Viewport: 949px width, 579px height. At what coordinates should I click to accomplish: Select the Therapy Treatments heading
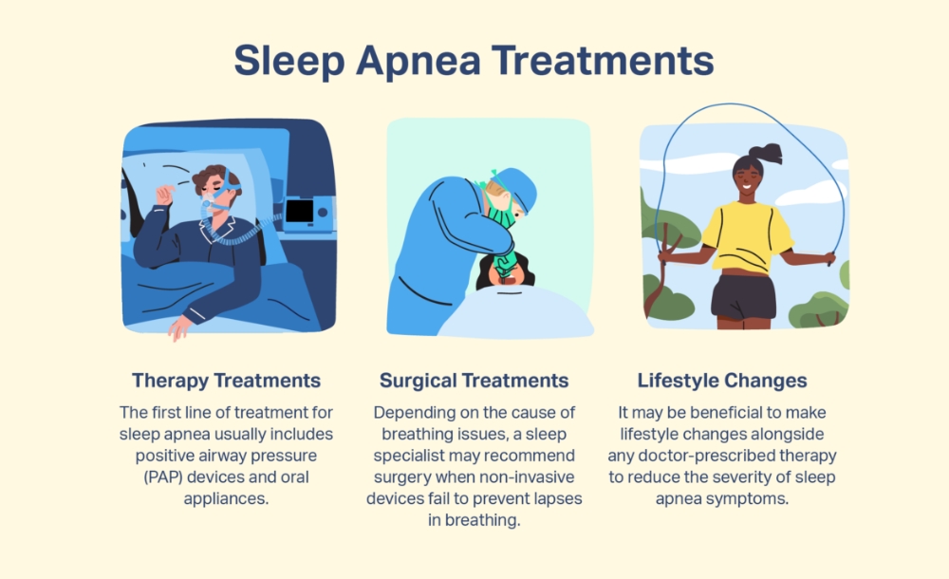tap(226, 381)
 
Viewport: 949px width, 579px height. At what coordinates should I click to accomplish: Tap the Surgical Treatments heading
tap(474, 381)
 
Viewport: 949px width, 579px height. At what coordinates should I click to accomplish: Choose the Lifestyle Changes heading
tap(722, 381)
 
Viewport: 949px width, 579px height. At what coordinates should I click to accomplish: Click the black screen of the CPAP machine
tap(299, 211)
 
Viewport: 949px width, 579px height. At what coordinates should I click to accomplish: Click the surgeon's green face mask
tap(504, 211)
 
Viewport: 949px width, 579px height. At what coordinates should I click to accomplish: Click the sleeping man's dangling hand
tap(177, 328)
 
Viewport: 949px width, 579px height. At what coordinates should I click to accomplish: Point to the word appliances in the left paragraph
tap(226, 497)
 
